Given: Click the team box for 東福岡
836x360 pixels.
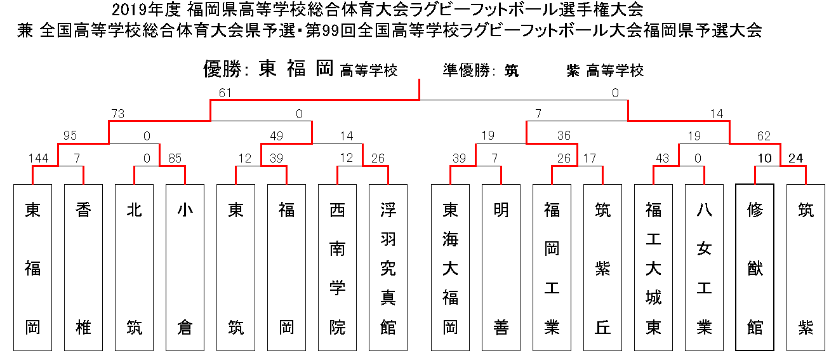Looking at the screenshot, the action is click(x=32, y=267).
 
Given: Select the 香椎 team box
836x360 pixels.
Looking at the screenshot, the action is click(x=83, y=267).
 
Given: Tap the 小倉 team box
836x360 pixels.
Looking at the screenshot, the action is click(x=185, y=267).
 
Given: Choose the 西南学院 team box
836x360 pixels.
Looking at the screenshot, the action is click(x=338, y=267).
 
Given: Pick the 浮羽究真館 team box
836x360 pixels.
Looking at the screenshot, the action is click(x=388, y=267).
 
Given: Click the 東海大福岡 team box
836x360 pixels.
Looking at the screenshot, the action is click(x=450, y=267).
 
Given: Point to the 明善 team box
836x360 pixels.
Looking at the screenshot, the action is click(x=501, y=267).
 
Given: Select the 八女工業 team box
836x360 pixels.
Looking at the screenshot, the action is click(x=704, y=267).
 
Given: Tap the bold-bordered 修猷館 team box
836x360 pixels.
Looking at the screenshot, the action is click(x=755, y=267).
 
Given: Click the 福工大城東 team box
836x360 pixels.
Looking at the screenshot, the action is click(x=653, y=267).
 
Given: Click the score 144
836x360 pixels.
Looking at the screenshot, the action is click(x=39, y=158).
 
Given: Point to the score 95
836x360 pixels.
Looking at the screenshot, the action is click(x=70, y=136).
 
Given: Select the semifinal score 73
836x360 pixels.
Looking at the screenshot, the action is click(x=118, y=114).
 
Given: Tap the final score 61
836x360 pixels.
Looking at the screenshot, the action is click(x=225, y=93).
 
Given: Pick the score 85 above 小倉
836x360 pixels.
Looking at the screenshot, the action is click(x=175, y=158).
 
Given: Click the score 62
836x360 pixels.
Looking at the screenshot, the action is click(x=764, y=136).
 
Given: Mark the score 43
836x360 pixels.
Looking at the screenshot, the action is click(x=663, y=158).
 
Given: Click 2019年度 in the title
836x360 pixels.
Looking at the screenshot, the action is click(x=146, y=10).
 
